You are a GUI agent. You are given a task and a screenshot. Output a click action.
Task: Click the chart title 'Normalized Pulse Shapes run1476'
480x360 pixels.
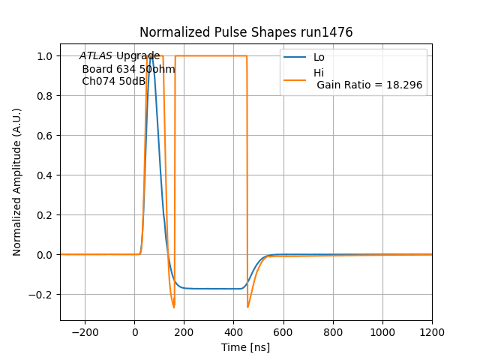tap(246, 32)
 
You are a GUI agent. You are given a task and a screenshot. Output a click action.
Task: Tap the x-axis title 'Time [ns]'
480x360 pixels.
tap(246, 347)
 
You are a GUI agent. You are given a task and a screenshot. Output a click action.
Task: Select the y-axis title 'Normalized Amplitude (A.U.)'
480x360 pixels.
tap(17, 181)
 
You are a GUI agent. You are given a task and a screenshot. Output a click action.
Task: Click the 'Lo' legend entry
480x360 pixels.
tap(319, 57)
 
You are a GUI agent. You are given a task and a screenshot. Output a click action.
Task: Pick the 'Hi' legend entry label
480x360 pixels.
tap(319, 73)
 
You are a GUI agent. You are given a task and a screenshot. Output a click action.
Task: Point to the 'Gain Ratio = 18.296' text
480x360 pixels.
tap(369, 85)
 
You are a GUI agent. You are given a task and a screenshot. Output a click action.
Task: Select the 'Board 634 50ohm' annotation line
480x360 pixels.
tap(128, 69)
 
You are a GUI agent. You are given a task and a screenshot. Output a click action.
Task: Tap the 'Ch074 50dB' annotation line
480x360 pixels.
tap(113, 81)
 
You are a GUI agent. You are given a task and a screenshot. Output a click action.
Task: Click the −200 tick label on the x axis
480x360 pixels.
tap(85, 332)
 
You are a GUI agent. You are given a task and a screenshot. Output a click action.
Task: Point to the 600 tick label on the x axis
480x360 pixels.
tap(283, 332)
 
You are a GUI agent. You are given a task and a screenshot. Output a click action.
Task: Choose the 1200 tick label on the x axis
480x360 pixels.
tap(432, 332)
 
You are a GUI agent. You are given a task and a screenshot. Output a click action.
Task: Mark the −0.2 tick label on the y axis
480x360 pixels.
tap(43, 294)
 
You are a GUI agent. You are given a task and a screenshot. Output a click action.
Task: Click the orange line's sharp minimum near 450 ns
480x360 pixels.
tap(247, 307)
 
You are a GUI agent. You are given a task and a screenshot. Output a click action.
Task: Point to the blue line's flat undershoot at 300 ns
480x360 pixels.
tap(209, 289)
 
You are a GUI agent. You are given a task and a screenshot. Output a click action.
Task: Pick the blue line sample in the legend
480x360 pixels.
tap(295, 57)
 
